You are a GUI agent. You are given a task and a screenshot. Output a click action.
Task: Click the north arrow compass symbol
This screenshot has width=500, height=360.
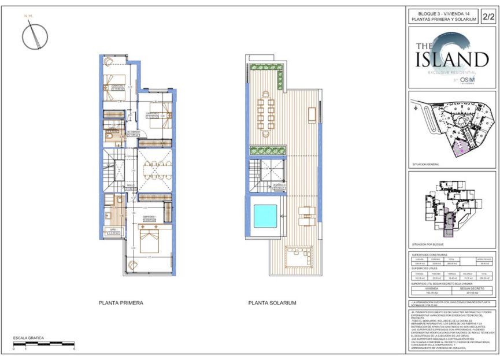click(x=34, y=38)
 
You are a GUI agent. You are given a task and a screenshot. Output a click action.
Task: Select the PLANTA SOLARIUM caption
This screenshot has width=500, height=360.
click(x=272, y=302)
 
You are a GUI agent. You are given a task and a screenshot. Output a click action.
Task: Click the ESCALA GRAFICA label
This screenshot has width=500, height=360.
click(x=28, y=338)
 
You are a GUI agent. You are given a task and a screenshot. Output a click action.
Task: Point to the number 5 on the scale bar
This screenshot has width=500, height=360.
click(x=74, y=350)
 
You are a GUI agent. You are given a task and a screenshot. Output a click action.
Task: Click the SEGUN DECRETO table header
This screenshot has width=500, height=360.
click(x=472, y=288)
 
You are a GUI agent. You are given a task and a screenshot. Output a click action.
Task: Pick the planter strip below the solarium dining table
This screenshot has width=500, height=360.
click(x=267, y=150)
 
